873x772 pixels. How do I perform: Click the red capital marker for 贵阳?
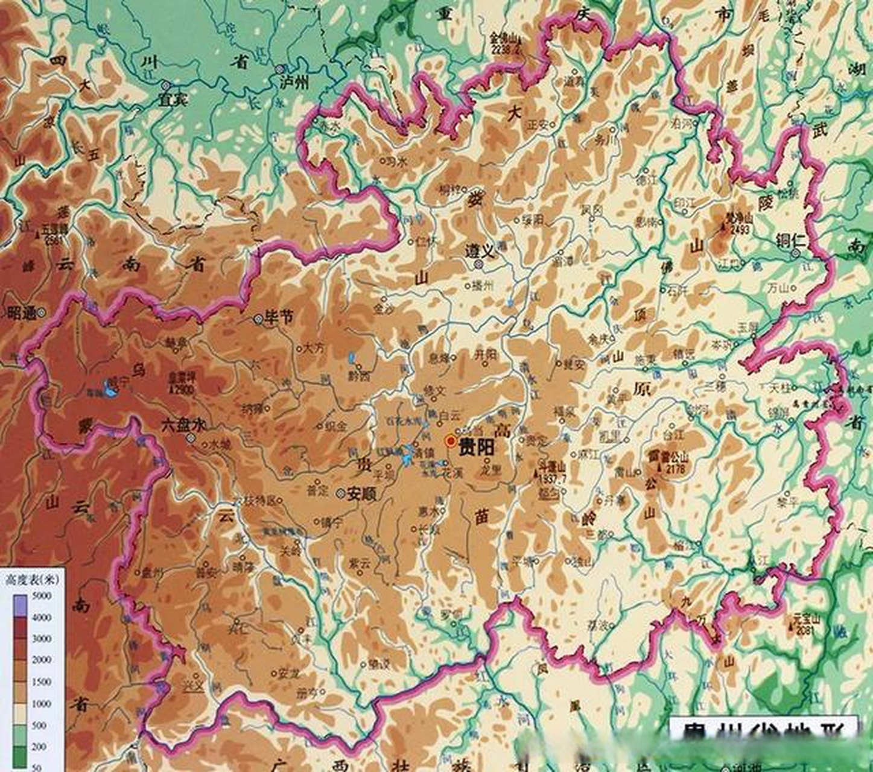click(x=450, y=441)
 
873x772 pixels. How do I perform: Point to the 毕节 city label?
click(x=279, y=317)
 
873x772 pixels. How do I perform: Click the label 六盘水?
click(x=183, y=425)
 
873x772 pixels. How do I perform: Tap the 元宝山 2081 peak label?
click(x=805, y=625)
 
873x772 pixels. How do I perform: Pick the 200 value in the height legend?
click(x=40, y=746)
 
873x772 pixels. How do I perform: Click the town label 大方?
click(x=314, y=348)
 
